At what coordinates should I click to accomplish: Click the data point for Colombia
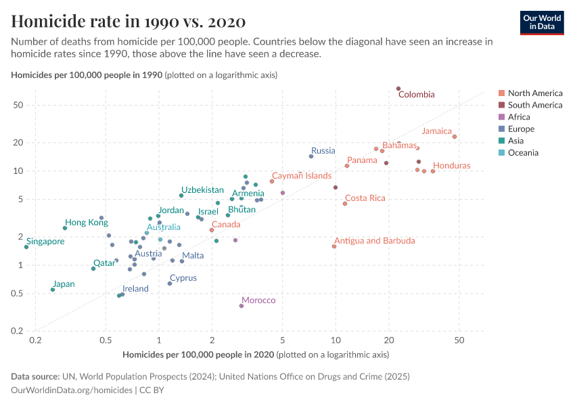coord(398,89)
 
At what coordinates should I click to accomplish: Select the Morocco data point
coord(241,306)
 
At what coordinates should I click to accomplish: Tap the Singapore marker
coord(26,247)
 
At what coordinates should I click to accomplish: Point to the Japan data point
coord(53,290)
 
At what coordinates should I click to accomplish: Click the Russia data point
coord(311,156)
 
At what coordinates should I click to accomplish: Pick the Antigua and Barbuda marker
coord(334,246)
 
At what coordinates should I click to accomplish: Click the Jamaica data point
coord(455,137)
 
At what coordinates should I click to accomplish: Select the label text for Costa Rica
coord(365,198)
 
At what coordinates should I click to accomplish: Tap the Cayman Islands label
coord(302,176)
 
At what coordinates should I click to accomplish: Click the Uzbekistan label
coord(202,189)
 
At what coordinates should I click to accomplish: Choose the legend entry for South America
coord(534,105)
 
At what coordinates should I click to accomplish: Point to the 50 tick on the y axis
coord(18,105)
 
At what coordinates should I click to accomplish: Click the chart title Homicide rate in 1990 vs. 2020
coord(129,21)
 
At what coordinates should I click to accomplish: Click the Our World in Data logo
coord(541,22)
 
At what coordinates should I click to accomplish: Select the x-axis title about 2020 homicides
coord(256,355)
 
